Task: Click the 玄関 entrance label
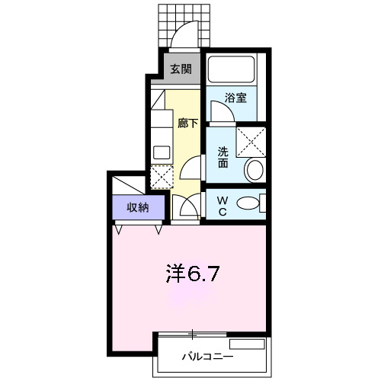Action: [181, 69]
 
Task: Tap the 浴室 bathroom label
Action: [235, 98]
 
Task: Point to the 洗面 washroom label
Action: [223, 156]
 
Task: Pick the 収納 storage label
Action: [137, 207]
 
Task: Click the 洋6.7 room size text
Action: [194, 273]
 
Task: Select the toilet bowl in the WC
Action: [246, 203]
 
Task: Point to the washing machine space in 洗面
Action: [251, 142]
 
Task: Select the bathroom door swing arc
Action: [221, 113]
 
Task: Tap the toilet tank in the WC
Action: [262, 203]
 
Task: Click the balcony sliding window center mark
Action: [193, 334]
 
